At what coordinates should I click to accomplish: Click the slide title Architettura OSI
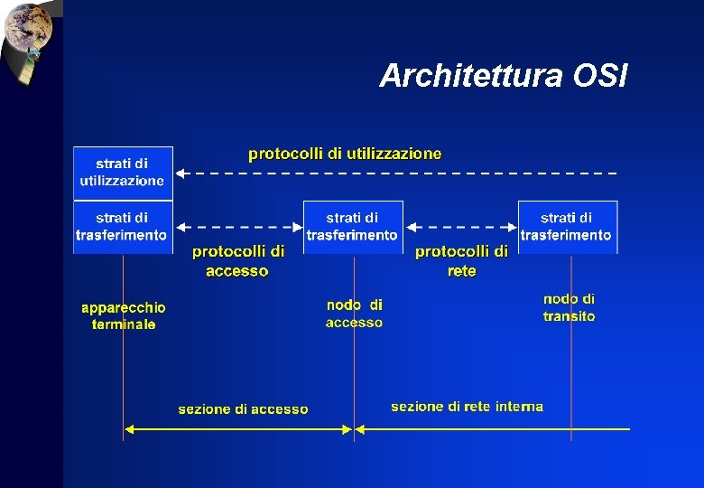coord(503,76)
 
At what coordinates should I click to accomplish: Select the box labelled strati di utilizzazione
coord(123,173)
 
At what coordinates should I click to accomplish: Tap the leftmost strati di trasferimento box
coord(123,226)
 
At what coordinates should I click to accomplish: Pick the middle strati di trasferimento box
coord(352,226)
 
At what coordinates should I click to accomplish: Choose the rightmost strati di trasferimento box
coord(567,226)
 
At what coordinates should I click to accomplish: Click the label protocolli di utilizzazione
coord(346,154)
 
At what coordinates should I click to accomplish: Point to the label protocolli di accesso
coord(237,260)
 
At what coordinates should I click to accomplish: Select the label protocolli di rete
coord(461,260)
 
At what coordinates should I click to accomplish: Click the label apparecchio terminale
coord(124,315)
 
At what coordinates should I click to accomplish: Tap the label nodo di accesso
coord(354,314)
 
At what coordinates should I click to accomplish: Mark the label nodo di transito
coord(569,307)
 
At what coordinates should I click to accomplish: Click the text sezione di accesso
coord(243,409)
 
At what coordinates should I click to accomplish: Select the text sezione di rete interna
coord(467,407)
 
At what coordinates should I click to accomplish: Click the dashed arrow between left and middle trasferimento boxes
coord(238,226)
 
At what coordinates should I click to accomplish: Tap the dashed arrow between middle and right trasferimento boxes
coord(460,226)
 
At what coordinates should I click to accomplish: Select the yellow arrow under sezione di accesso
coord(238,430)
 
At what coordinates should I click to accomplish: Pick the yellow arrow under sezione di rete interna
coord(492,428)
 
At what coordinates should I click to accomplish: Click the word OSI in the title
coord(599,76)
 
